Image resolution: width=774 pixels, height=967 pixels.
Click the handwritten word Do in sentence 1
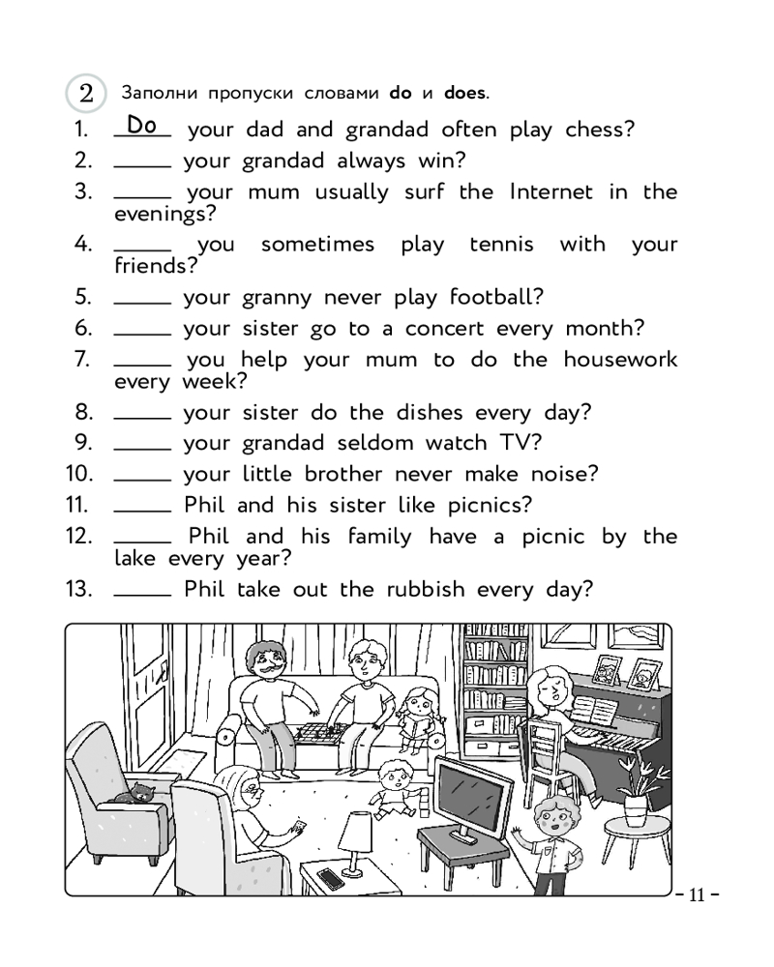[x=141, y=125]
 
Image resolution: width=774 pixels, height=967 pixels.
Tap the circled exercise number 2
[x=86, y=94]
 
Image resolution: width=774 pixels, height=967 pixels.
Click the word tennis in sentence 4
[x=500, y=245]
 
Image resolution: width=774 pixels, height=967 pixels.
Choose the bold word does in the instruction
[x=464, y=94]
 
